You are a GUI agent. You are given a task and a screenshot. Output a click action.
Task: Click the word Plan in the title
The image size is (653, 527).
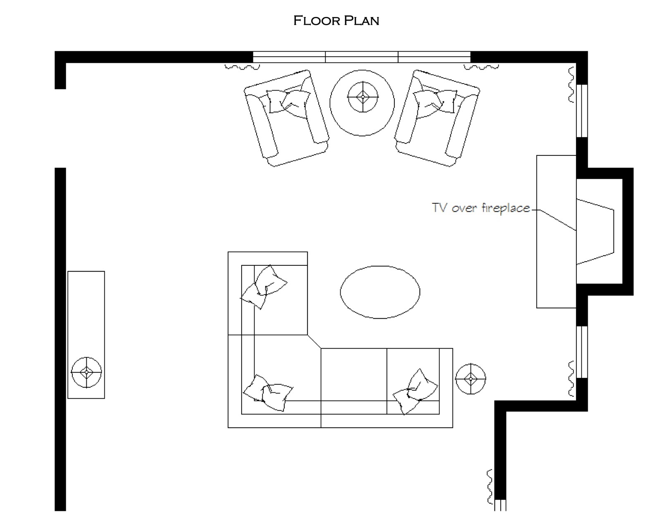[361, 21]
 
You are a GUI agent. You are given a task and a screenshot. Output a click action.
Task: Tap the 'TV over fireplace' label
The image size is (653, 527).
[480, 208]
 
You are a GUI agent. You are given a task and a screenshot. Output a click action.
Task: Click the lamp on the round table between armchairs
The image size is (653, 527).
[363, 97]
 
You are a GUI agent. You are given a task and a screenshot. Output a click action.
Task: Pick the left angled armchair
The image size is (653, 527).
[286, 118]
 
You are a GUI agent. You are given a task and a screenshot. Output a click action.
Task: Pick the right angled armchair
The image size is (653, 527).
[437, 118]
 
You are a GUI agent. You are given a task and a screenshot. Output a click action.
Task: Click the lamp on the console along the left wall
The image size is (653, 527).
[86, 372]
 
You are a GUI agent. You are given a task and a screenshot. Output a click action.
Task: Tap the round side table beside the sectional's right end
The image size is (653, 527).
[471, 379]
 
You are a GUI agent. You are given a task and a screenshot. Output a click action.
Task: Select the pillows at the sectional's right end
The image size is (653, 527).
[415, 392]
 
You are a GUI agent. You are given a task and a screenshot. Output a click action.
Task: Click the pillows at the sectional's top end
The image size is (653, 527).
[264, 287]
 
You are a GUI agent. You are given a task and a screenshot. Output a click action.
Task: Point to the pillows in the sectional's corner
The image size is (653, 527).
[268, 393]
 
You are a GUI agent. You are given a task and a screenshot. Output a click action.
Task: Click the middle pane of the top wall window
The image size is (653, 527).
[361, 57]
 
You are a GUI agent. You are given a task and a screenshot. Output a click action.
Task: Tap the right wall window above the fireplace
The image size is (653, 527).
[582, 111]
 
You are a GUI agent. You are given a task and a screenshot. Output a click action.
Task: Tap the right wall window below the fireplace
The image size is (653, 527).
[582, 352]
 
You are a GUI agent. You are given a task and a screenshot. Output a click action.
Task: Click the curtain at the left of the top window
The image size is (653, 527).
[242, 67]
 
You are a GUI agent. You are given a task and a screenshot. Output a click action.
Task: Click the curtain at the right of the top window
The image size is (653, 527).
[481, 67]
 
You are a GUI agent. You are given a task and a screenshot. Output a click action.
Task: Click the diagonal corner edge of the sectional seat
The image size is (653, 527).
[314, 341]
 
